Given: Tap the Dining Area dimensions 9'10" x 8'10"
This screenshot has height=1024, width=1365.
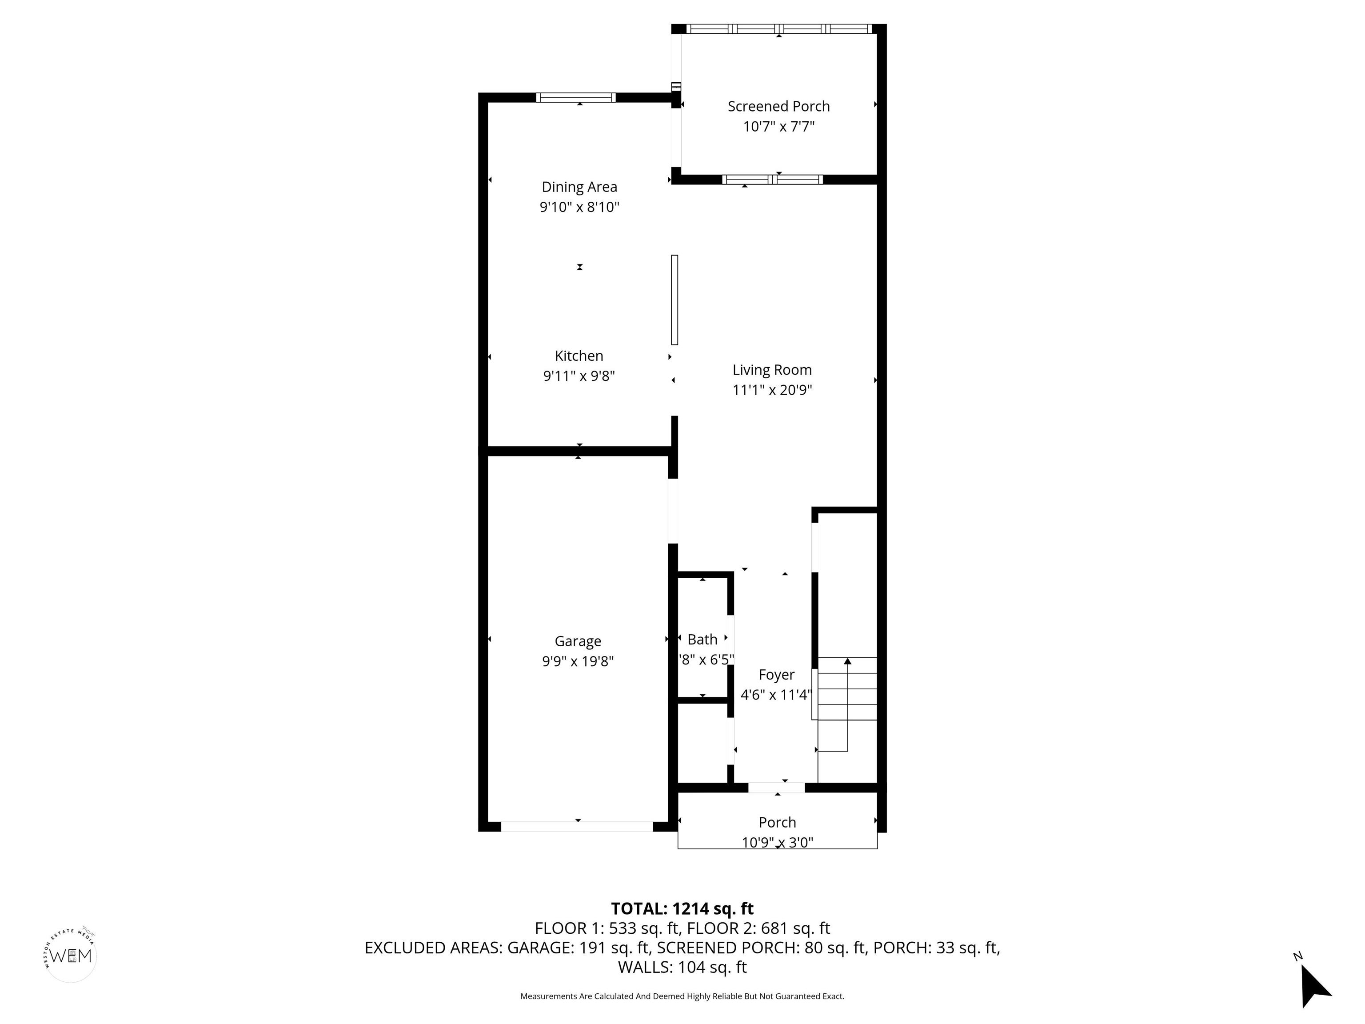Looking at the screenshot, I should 579,207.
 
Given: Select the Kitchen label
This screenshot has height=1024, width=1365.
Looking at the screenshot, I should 579,356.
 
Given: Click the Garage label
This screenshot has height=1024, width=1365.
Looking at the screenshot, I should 578,641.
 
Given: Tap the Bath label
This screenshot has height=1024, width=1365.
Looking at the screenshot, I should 702,640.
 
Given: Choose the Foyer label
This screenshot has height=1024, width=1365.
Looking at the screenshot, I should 776,675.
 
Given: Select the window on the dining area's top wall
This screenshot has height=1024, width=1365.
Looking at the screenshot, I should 576,97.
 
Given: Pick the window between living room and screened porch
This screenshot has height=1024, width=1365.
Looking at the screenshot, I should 773,180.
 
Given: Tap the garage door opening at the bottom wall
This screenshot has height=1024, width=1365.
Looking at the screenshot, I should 577,827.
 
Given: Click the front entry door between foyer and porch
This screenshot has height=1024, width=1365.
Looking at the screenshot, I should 776,788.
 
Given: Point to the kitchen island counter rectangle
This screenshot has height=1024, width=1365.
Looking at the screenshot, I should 675,300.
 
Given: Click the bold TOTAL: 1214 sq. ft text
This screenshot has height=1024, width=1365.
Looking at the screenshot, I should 682,908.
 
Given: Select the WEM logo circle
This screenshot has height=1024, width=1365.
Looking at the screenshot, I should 71,956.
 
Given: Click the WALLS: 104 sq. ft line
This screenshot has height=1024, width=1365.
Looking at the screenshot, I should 682,967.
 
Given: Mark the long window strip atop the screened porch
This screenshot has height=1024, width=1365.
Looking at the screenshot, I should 779,28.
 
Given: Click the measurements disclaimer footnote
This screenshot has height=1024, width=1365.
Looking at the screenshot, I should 682,996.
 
